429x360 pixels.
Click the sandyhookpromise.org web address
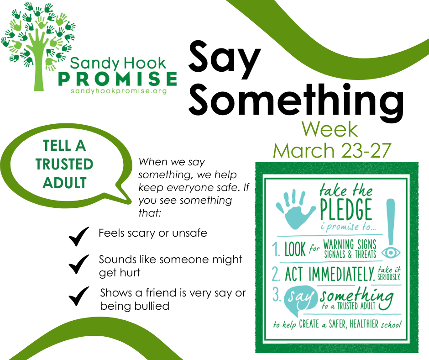click(x=118, y=91)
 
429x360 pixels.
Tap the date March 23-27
click(x=332, y=150)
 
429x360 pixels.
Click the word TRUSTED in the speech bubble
click(x=64, y=164)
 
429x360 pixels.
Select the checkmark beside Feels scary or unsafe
click(x=78, y=237)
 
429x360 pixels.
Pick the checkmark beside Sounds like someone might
click(x=78, y=264)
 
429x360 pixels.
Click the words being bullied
click(x=135, y=306)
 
